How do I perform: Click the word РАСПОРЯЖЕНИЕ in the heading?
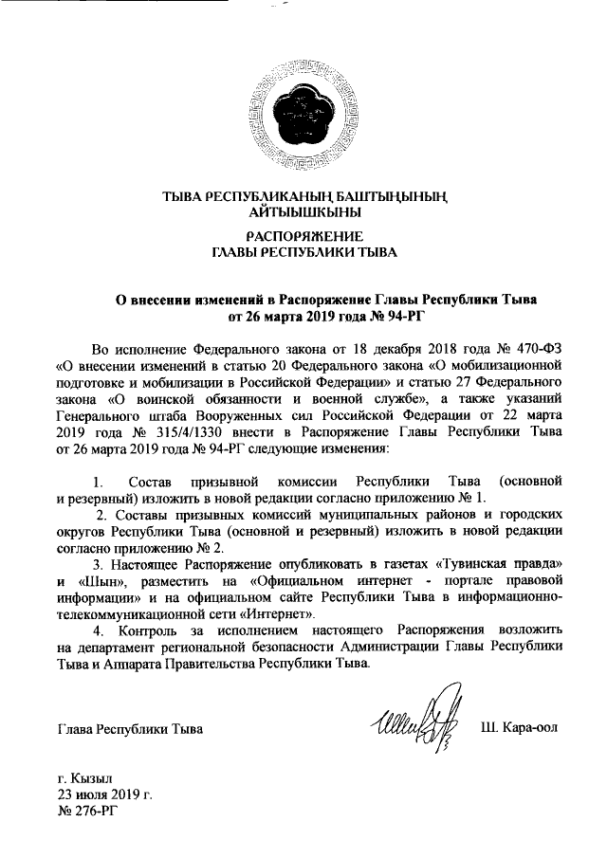[x=303, y=236]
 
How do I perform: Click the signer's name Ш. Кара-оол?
[x=520, y=728]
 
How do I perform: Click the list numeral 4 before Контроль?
[x=94, y=630]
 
